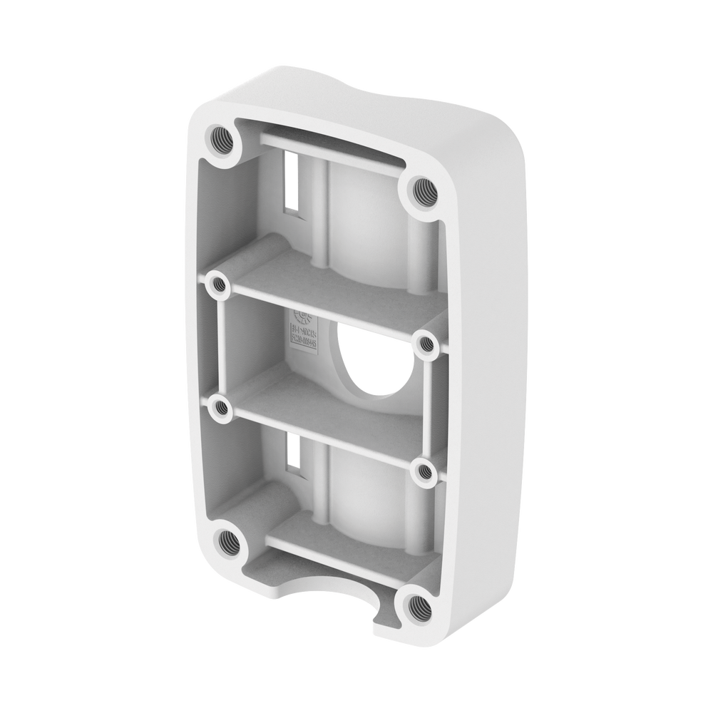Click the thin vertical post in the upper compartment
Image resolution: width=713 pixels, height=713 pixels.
coord(325,214)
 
